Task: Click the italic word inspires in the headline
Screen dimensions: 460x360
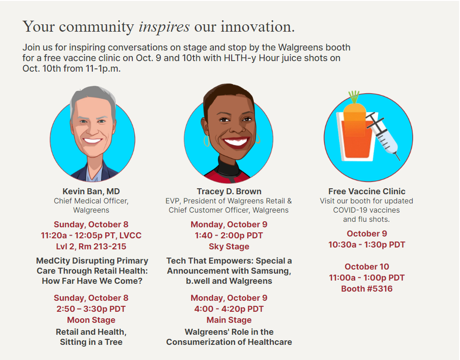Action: (164, 27)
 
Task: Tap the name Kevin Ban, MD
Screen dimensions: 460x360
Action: (91, 191)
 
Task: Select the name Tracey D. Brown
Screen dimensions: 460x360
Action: (229, 191)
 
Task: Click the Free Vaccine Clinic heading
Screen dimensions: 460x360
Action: (367, 191)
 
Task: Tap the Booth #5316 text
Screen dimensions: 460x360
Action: (367, 289)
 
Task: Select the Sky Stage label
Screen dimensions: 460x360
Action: (229, 247)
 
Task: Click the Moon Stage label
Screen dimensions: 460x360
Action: (91, 320)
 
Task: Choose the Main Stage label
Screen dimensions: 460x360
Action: (229, 320)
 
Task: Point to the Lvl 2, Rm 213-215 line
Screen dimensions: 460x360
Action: (91, 247)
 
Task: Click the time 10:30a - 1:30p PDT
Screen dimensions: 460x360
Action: (367, 244)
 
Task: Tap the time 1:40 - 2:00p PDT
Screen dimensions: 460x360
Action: (229, 236)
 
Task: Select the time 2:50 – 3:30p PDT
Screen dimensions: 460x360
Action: (91, 309)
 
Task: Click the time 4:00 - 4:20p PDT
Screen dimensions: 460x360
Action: (229, 309)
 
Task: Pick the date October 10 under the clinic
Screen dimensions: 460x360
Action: (367, 266)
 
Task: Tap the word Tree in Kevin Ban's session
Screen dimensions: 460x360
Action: (113, 342)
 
